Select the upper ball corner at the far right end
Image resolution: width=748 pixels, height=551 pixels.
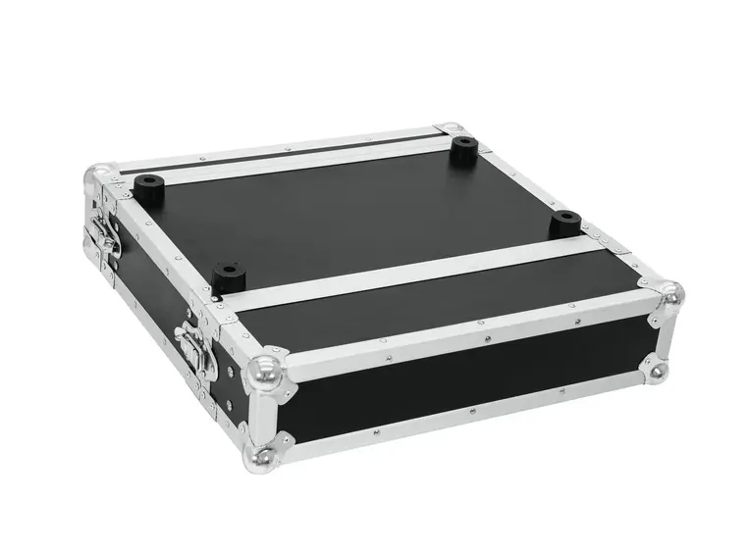pos(669,294)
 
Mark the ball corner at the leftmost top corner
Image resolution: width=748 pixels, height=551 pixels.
pos(99,177)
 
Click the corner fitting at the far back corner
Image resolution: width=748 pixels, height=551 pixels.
pos(451,128)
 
